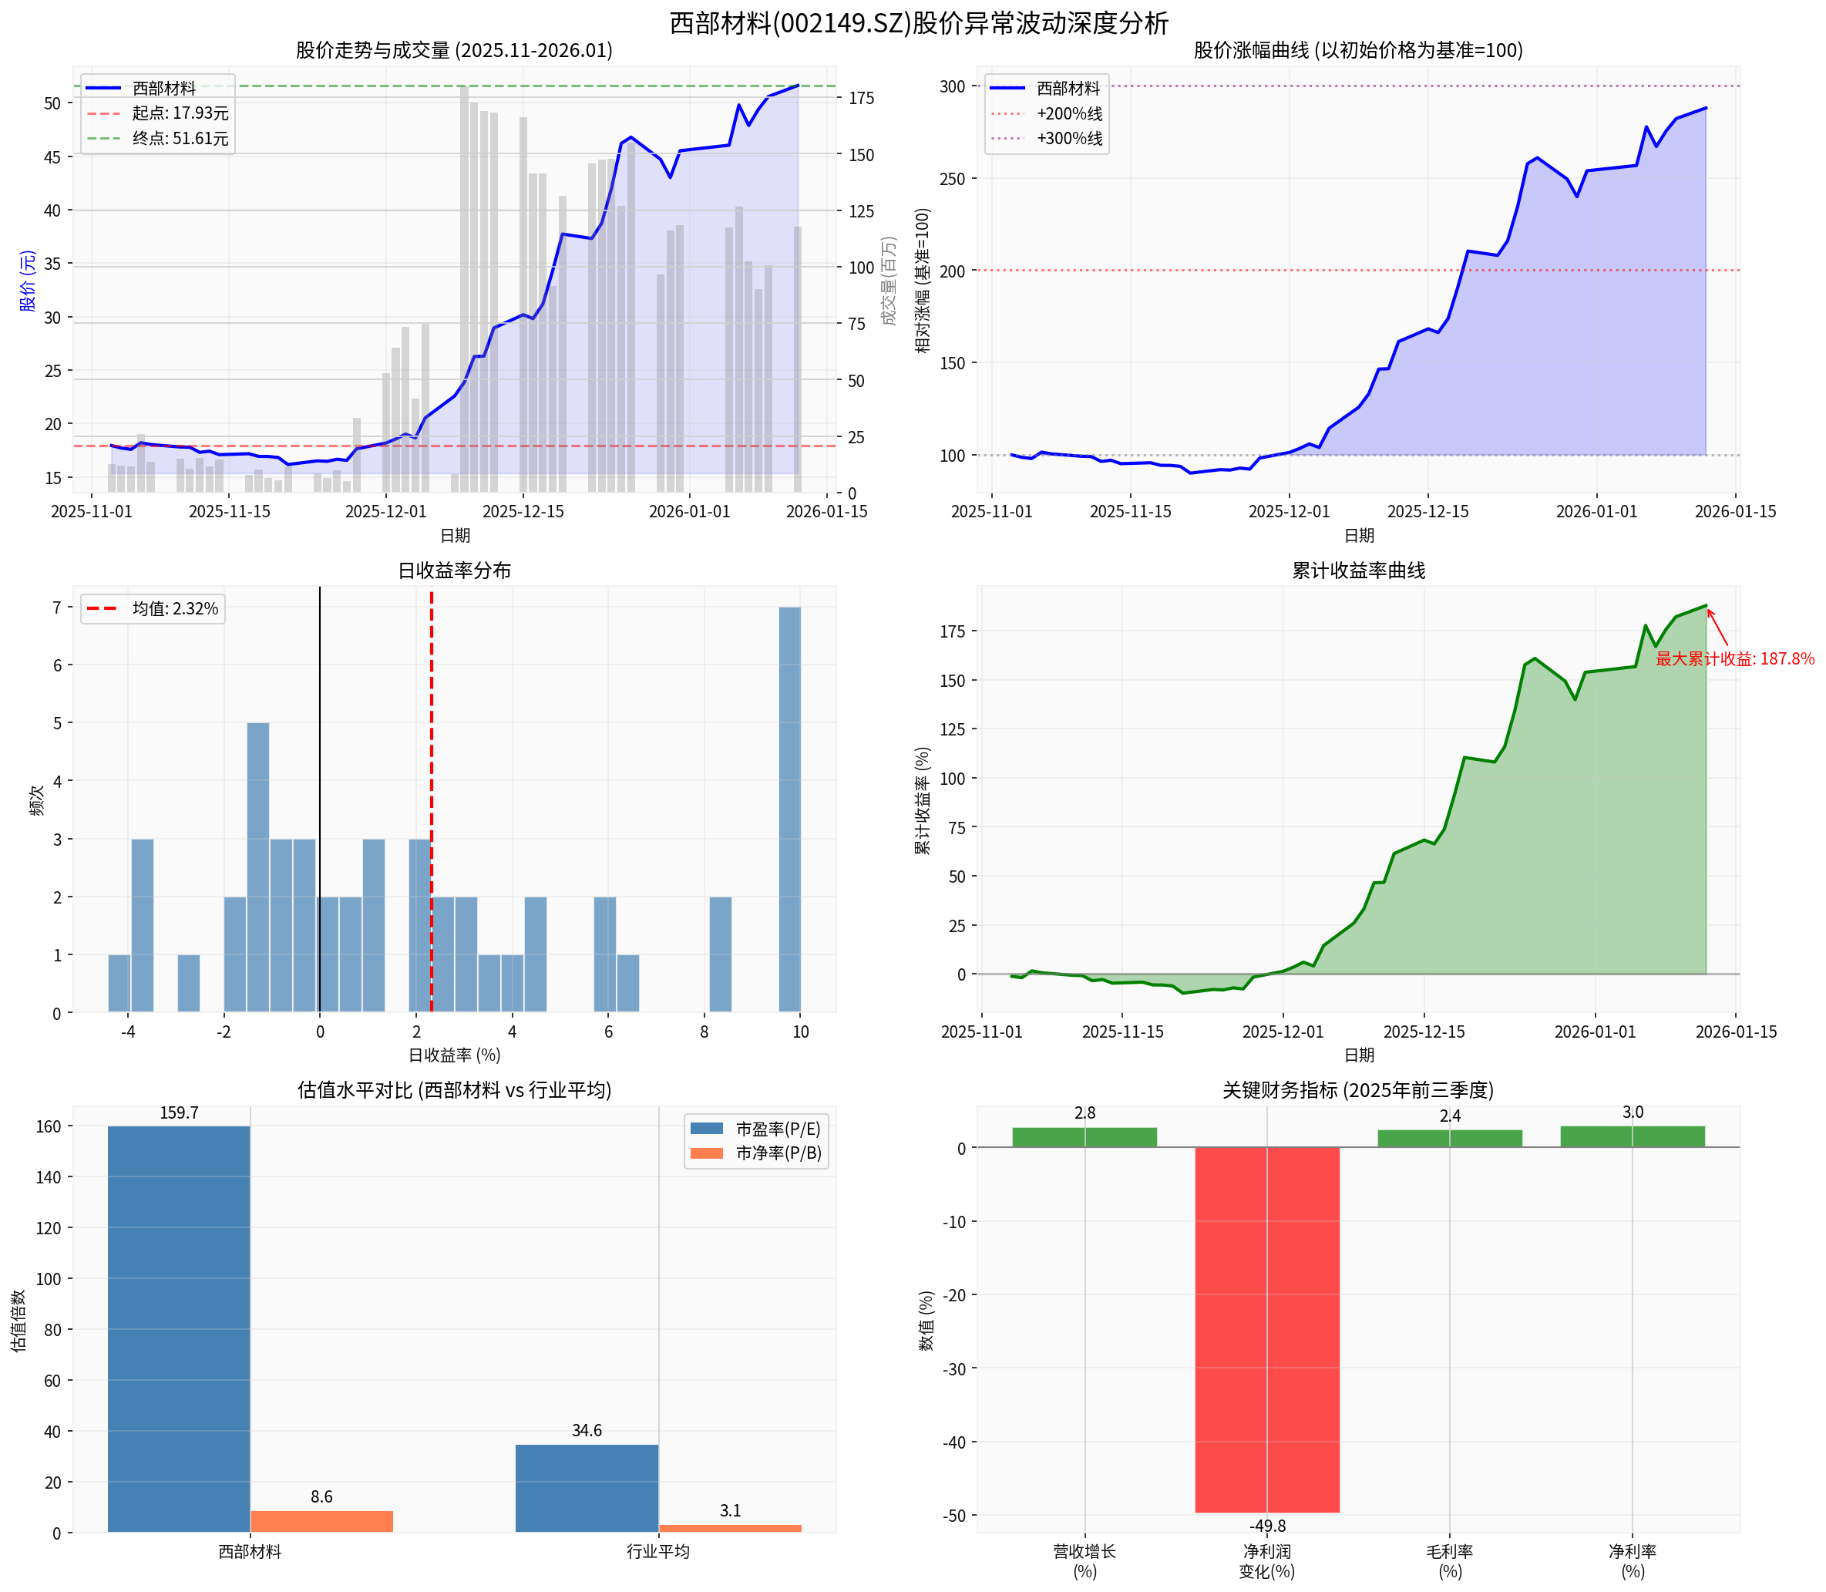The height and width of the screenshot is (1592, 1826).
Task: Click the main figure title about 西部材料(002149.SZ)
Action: tap(918, 22)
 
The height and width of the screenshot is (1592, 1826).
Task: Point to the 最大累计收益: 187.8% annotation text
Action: tap(1734, 659)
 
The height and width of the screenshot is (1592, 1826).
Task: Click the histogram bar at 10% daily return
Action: tap(789, 809)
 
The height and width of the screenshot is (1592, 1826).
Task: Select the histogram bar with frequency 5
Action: tap(257, 867)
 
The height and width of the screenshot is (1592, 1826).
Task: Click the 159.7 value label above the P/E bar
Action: tap(179, 1113)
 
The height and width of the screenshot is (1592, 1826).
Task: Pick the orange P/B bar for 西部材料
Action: tap(321, 1521)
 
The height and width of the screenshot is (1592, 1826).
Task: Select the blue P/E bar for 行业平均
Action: tap(587, 1488)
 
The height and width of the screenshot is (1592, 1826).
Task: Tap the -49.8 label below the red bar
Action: tap(1266, 1526)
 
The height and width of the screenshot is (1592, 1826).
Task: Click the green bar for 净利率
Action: tap(1633, 1137)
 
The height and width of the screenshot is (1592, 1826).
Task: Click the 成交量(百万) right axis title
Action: tap(889, 280)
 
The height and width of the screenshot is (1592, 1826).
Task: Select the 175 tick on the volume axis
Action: tap(861, 98)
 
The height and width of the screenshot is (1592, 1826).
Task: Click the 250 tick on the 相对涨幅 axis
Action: tap(952, 179)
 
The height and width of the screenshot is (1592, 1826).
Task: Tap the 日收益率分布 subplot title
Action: tap(454, 570)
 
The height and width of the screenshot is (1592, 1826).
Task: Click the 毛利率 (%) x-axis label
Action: tap(1449, 1561)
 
